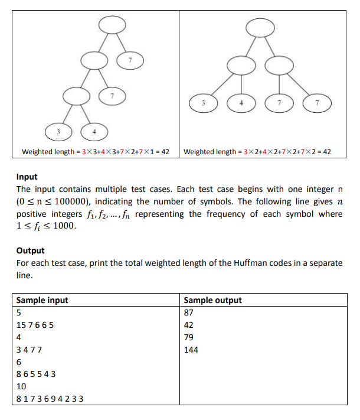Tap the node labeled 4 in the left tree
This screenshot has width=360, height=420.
[93, 131]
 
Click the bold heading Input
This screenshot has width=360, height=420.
[27, 177]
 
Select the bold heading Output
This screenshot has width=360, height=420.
[31, 250]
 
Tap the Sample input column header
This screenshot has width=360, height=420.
[42, 300]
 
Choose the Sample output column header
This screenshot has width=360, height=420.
[213, 300]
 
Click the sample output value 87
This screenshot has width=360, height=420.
[189, 312]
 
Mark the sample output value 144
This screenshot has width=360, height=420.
[191, 350]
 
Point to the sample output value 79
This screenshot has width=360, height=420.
[189, 337]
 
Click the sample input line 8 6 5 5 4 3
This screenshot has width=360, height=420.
[37, 374]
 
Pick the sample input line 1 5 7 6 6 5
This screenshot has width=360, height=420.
[37, 325]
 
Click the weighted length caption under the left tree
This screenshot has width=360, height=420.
[96, 152]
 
